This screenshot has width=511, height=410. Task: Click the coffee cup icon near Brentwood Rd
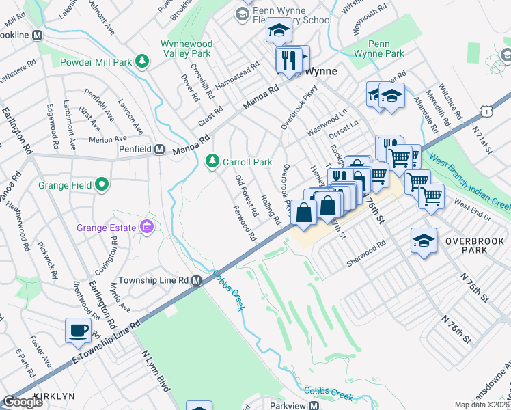click(x=78, y=331)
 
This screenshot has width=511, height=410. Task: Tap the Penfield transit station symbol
click(x=159, y=149)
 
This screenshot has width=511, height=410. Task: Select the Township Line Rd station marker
click(x=196, y=280)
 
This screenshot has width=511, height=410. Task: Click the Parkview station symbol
click(x=314, y=405)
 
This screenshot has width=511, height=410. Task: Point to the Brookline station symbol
click(x=38, y=35)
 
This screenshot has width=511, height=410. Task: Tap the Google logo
click(x=23, y=402)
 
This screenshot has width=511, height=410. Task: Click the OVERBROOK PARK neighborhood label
click(x=474, y=245)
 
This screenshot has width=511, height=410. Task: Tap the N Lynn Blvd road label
click(x=154, y=372)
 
